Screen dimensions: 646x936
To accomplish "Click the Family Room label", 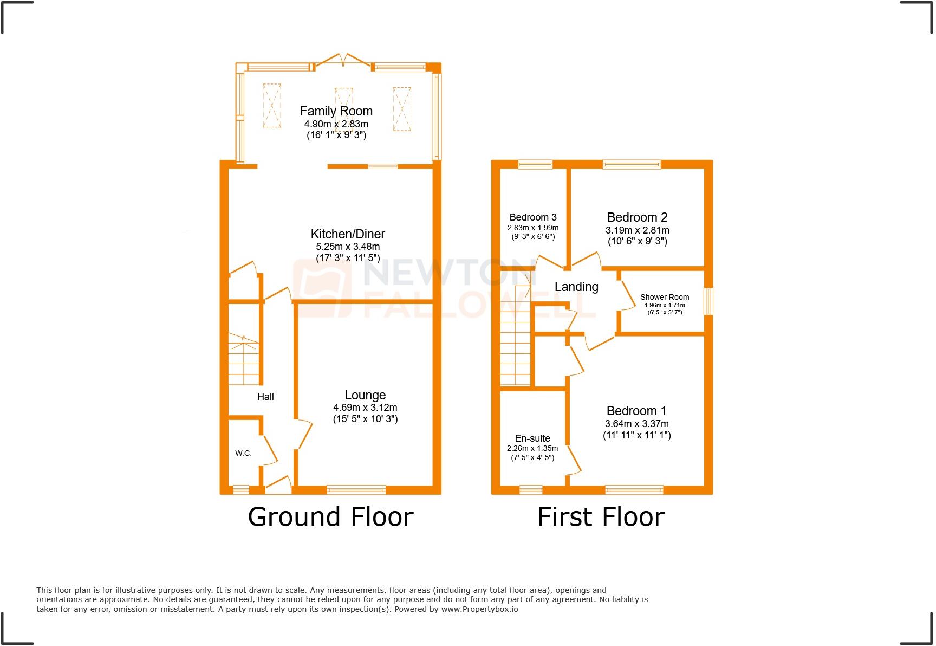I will [336, 111].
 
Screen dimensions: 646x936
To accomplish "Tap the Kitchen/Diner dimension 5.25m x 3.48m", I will [348, 247].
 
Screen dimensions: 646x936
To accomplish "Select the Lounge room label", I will [365, 396].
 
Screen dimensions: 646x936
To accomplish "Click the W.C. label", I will [243, 453].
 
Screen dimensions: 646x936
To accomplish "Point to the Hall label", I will [265, 397].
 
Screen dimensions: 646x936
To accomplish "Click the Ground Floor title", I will [330, 517].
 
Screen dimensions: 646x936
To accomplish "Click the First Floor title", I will [601, 517].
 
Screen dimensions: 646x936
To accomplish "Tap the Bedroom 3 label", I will [533, 217].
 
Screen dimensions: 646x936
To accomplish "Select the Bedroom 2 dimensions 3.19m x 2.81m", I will [637, 230].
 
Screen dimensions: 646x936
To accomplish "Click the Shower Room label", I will [665, 297].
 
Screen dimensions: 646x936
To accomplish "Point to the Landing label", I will [576, 287].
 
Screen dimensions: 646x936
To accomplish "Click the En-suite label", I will [532, 438].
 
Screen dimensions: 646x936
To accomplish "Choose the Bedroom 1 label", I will [636, 411].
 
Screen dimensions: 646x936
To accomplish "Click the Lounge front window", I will [356, 490].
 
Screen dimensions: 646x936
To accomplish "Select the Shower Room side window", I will [708, 301].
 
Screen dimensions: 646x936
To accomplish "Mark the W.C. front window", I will [240, 490].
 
